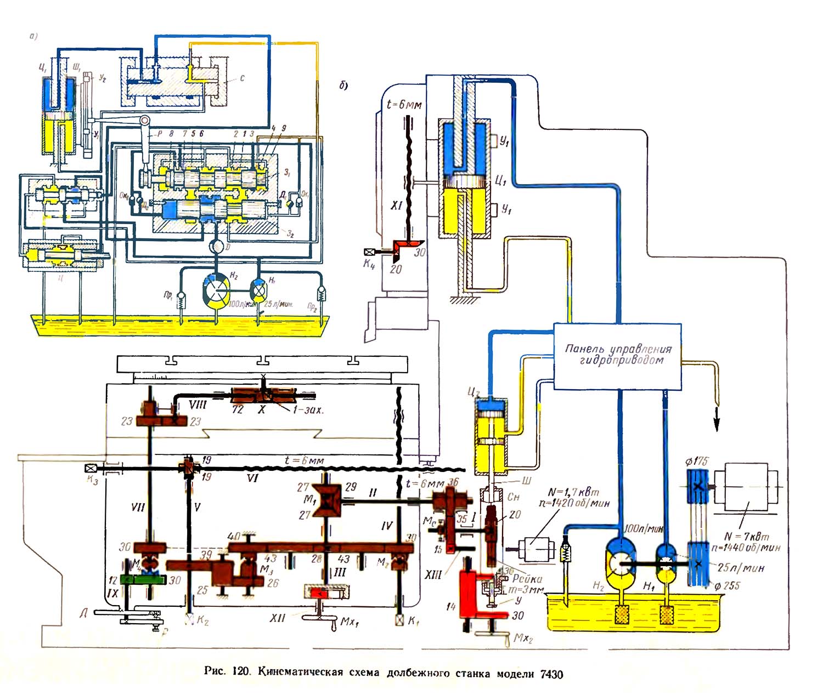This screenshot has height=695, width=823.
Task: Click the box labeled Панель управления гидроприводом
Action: point(617,356)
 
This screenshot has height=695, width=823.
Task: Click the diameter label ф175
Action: point(696,462)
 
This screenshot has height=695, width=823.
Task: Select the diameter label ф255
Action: point(726,585)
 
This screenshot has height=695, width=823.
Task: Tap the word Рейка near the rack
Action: point(527,579)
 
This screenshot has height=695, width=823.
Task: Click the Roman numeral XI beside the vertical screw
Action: point(396,205)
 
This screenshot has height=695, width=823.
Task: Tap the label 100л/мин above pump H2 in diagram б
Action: point(644,529)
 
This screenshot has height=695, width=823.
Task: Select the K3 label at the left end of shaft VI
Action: point(92,480)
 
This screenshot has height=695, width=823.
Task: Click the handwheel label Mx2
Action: point(523,639)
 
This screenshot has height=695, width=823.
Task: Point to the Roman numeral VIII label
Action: point(197,405)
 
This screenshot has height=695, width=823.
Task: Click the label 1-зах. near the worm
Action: point(308,409)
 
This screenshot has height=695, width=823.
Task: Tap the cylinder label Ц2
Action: point(473,392)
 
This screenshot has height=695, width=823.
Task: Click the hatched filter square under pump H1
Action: point(667,614)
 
